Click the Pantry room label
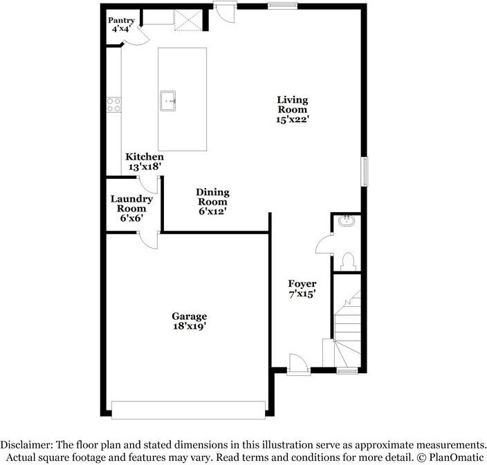pos(121,21)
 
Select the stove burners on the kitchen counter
pos(113,105)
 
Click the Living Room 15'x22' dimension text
pos(293,119)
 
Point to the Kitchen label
pos(145,158)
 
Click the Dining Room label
pos(212,192)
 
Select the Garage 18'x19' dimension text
pos(189,325)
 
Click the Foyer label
pos(302,284)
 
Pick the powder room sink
pos(346,222)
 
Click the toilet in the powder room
pos(348,260)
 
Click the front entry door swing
pos(296,362)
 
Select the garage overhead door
pos(188,410)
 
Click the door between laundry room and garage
pos(147,238)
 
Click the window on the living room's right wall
pos(364,171)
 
